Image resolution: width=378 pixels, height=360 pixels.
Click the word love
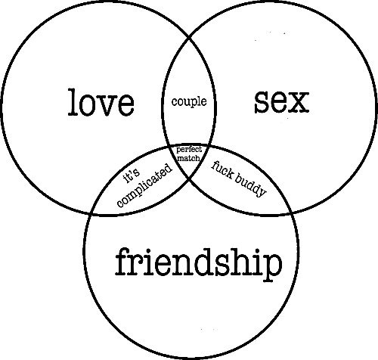click(101, 102)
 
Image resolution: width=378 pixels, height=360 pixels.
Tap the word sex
click(281, 102)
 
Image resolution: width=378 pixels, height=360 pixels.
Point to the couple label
click(189, 102)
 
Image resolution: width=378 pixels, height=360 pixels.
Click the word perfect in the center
click(189, 150)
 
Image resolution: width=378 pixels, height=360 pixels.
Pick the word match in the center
click(188, 158)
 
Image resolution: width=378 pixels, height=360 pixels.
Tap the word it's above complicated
click(132, 176)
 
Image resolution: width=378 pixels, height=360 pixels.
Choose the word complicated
click(145, 185)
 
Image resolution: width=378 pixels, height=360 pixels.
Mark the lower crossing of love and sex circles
click(189, 178)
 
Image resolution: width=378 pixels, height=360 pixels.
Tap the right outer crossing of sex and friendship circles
click(292, 214)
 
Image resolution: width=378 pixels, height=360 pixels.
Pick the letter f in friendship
click(122, 261)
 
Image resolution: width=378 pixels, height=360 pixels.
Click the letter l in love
click(73, 102)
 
